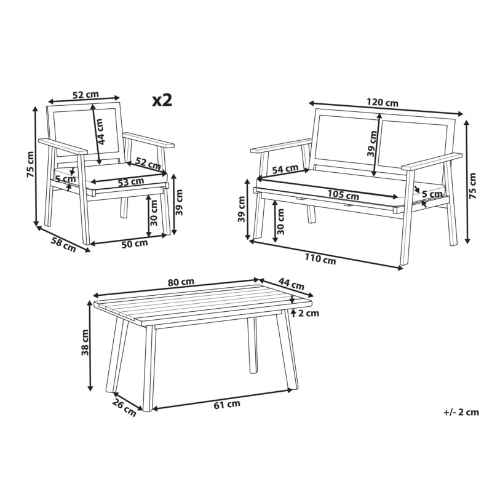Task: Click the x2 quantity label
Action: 162,100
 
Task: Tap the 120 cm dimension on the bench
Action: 383,102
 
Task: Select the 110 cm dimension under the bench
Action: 320,259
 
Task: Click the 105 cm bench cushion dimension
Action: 343,194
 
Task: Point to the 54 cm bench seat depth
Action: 285,169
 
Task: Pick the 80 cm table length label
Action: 181,282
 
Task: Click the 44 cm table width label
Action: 292,284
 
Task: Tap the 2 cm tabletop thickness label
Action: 309,313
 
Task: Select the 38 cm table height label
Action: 85,343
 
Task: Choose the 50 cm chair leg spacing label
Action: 135,244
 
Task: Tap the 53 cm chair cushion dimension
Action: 131,182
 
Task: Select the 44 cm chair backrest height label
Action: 101,132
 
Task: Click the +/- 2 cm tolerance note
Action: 461,412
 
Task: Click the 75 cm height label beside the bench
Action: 472,186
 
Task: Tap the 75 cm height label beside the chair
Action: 30,164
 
